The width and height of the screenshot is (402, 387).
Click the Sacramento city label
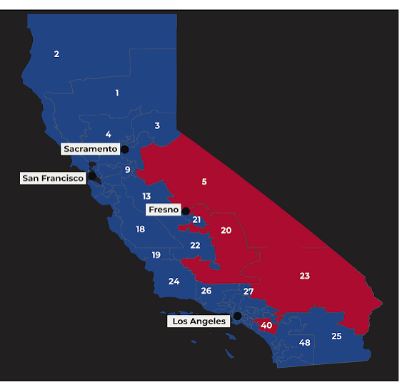90,149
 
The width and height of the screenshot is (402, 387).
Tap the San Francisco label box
53,177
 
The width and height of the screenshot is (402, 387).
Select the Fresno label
164,210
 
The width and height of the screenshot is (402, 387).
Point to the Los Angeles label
199,321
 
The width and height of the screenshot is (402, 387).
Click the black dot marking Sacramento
125,149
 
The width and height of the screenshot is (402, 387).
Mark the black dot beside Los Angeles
237,316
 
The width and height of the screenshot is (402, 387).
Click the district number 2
56,54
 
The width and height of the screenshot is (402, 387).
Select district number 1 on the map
117,93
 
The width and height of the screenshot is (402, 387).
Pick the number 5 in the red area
204,182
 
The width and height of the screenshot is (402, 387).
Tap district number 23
305,276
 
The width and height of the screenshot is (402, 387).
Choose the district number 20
226,230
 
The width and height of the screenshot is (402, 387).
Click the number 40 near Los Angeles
266,326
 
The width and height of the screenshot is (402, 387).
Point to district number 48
305,343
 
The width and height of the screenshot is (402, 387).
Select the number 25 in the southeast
336,336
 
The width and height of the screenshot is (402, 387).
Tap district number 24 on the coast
174,282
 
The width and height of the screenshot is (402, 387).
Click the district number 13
146,196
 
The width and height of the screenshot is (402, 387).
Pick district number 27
248,291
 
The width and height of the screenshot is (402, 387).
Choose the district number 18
141,229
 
